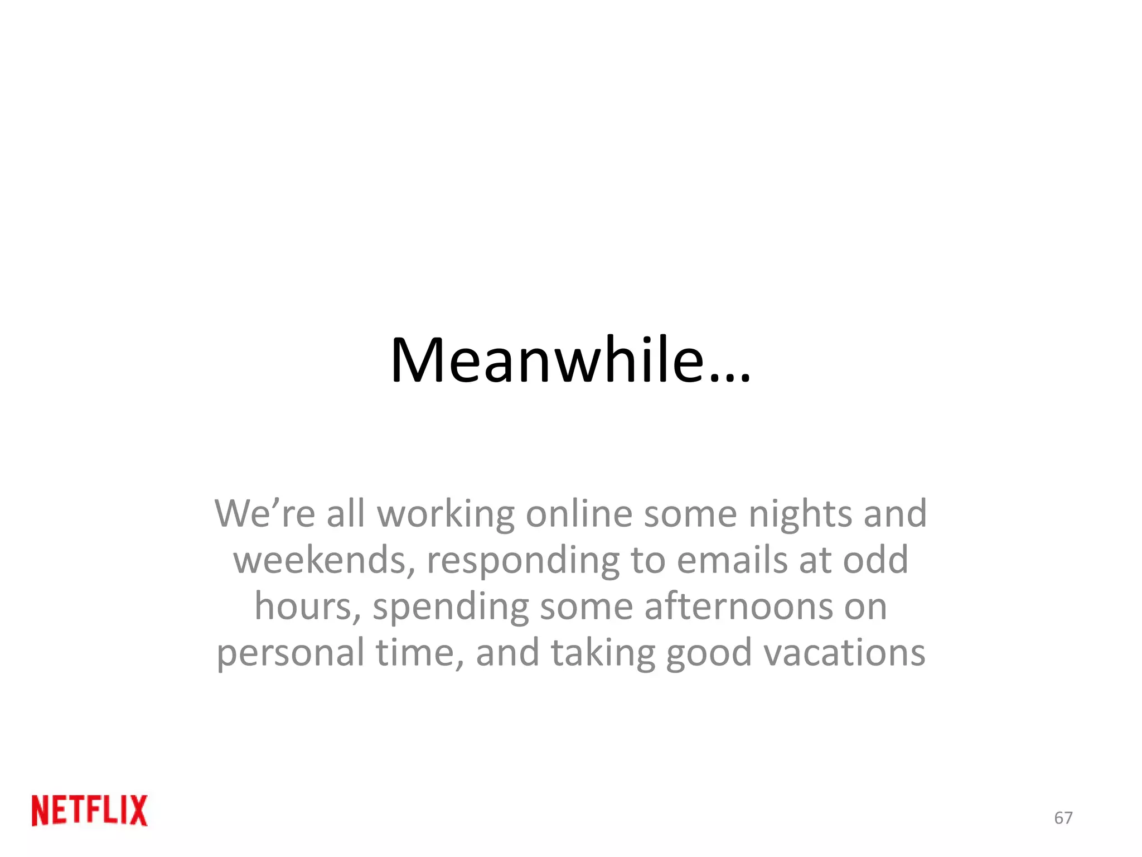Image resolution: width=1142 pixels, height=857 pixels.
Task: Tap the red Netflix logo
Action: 90,810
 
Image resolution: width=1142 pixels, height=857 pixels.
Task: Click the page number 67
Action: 1063,818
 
